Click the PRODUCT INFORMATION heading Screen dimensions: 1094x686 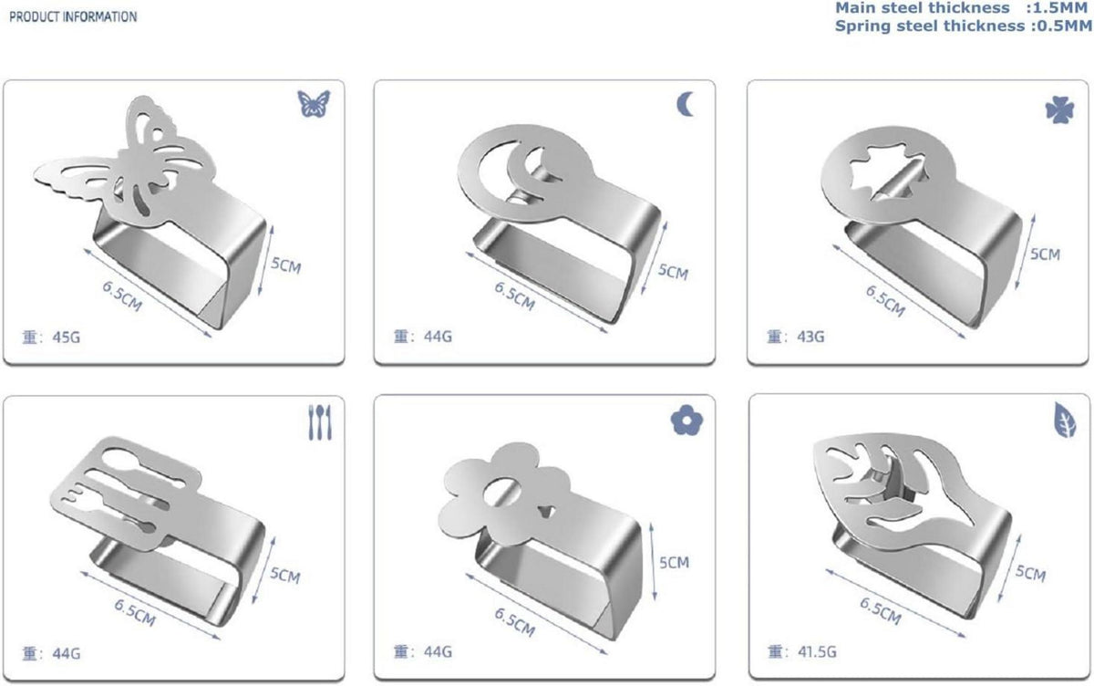click(x=73, y=17)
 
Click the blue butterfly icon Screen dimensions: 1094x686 click(x=314, y=104)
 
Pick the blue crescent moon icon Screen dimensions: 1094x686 click(x=686, y=104)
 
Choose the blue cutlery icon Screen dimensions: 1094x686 click(x=320, y=422)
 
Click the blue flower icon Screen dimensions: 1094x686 click(x=686, y=420)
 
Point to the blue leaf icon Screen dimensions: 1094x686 click(x=1065, y=420)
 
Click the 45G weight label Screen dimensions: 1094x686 click(x=66, y=338)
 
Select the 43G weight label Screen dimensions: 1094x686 click(x=810, y=337)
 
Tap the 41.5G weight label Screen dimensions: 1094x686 click(x=817, y=652)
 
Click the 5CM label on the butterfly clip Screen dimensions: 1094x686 click(x=285, y=265)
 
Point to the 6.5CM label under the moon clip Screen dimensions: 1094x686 click(x=515, y=296)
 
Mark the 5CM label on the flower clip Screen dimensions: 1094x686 click(x=674, y=563)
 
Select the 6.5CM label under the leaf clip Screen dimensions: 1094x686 click(x=880, y=611)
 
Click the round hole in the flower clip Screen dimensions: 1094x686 click(x=501, y=492)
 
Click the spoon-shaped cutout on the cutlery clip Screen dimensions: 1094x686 click(x=142, y=465)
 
